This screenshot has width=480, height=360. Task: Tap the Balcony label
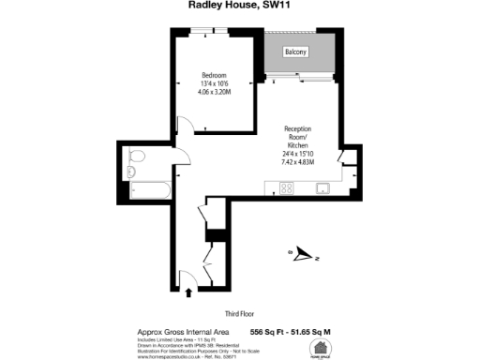click(298, 52)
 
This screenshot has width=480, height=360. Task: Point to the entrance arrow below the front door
click(189, 292)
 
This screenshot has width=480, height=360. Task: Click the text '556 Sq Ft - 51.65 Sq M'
click(292, 332)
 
